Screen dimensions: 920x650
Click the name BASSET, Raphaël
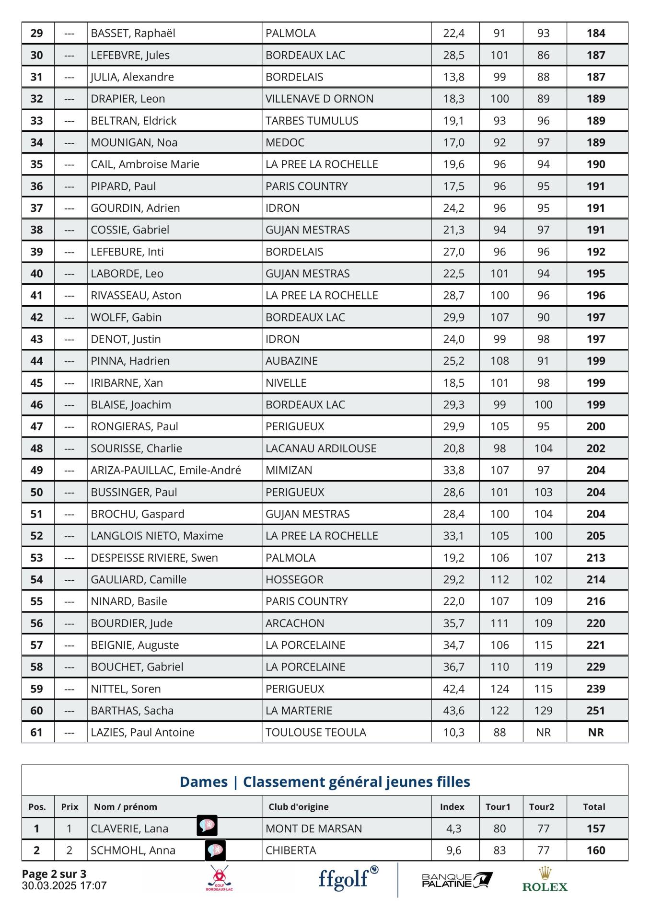click(x=133, y=33)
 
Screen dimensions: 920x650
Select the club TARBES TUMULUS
click(x=312, y=121)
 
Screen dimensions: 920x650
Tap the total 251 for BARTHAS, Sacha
click(x=596, y=711)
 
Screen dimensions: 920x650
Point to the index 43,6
click(x=453, y=711)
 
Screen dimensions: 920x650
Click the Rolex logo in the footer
click(x=545, y=880)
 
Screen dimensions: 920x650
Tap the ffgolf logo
click(x=348, y=878)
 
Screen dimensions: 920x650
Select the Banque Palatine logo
click(x=457, y=880)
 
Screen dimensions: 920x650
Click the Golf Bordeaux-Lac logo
click(x=219, y=879)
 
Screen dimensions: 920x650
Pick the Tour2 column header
click(x=542, y=807)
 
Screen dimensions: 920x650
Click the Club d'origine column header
click(x=298, y=807)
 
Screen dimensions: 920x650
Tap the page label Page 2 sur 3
click(x=54, y=874)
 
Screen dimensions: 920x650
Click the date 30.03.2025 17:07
click(x=64, y=885)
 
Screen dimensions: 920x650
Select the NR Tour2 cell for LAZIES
click(x=544, y=733)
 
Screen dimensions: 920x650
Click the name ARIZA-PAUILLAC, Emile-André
click(x=166, y=471)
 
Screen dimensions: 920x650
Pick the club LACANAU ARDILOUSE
click(x=321, y=448)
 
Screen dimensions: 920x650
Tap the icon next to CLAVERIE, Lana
click(x=207, y=826)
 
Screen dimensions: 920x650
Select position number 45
click(x=37, y=383)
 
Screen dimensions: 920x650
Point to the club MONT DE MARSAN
click(x=313, y=828)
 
